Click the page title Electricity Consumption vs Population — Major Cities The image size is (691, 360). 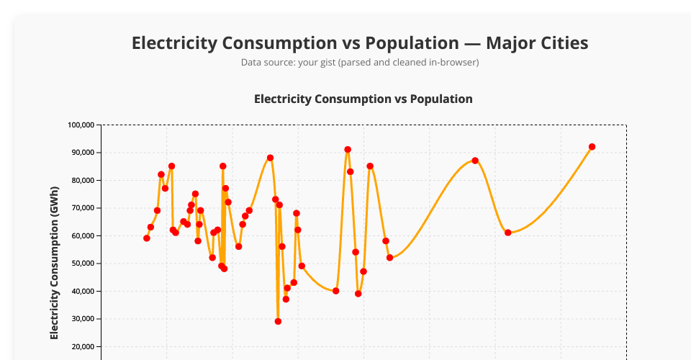point(359,43)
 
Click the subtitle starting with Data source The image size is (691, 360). point(359,63)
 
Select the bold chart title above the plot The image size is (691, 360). point(363,99)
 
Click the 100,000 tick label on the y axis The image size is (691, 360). point(81,125)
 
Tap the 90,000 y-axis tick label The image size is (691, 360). point(83,153)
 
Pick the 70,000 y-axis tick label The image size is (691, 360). point(83,208)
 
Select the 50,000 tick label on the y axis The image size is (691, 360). point(83,264)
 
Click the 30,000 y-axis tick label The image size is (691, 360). point(83,319)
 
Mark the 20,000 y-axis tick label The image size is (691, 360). point(83,346)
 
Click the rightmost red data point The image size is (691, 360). point(592,147)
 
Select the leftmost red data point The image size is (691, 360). point(147,238)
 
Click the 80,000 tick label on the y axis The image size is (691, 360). point(83,180)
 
